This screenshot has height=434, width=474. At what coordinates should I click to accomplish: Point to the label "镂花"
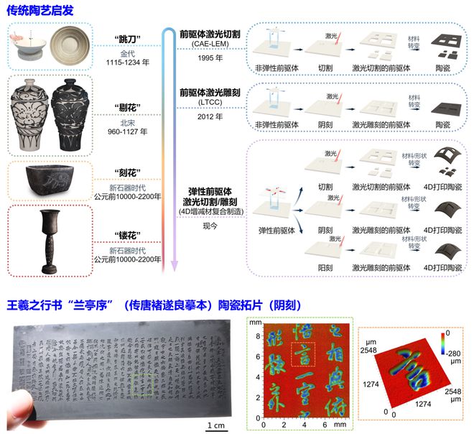pos(126,236)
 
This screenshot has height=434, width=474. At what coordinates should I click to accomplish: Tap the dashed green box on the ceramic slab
pos(147,385)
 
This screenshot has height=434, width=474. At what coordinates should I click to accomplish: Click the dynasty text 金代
pos(126,51)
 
